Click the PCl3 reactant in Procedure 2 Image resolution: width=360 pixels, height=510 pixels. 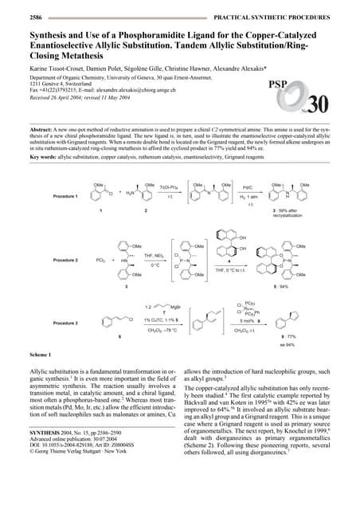click(100, 260)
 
